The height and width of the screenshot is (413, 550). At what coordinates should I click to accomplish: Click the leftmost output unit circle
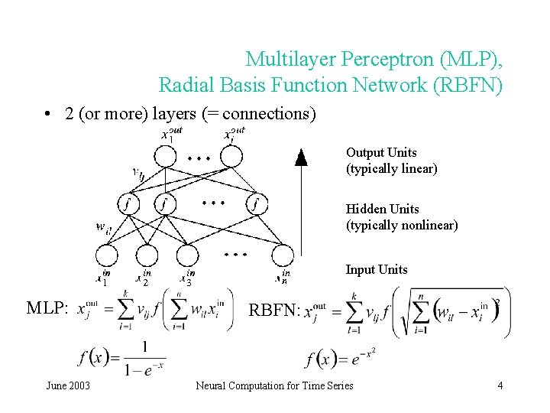165,156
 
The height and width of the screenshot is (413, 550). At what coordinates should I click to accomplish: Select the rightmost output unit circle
231,156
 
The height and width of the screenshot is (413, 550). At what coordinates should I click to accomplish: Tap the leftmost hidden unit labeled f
127,204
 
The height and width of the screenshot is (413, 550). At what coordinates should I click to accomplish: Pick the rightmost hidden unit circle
257,204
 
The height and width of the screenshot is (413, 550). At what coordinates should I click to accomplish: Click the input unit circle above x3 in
189,255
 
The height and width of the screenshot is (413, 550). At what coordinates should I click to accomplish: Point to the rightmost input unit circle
282,255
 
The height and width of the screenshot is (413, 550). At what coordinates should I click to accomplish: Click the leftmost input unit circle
106,255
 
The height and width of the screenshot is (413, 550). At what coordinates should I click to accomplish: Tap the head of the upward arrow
301,158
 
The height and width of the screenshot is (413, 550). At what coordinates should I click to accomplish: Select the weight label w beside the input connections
102,226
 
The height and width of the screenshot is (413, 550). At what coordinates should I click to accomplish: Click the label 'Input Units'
377,269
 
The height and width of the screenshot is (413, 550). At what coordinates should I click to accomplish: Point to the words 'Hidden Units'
382,209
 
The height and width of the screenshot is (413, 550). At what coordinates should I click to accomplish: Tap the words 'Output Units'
381,153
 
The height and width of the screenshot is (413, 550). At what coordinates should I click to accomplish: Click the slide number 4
500,385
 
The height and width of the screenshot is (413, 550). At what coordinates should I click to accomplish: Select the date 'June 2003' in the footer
68,385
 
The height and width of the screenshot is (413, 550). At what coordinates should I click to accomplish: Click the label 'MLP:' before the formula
47,308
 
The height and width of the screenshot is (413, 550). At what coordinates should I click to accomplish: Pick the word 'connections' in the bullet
268,114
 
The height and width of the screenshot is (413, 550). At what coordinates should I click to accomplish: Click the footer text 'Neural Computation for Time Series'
274,385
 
